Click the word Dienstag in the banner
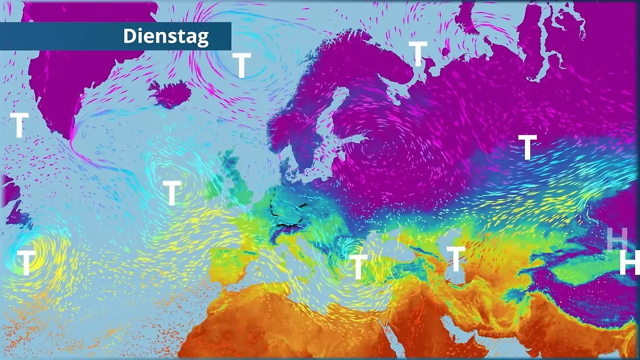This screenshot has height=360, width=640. [x=166, y=36]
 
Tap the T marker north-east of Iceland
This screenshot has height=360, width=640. [x=242, y=65]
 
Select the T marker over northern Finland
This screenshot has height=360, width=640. [x=418, y=54]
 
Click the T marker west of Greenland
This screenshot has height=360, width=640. [x=19, y=125]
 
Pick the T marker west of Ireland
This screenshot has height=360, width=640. [x=171, y=193]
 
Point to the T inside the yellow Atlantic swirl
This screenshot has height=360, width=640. [x=26, y=262]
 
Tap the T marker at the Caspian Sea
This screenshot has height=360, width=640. [x=455, y=259]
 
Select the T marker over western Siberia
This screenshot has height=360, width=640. [x=527, y=147]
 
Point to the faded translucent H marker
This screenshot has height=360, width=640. [x=617, y=238]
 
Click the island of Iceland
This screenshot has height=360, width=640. [x=170, y=94]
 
